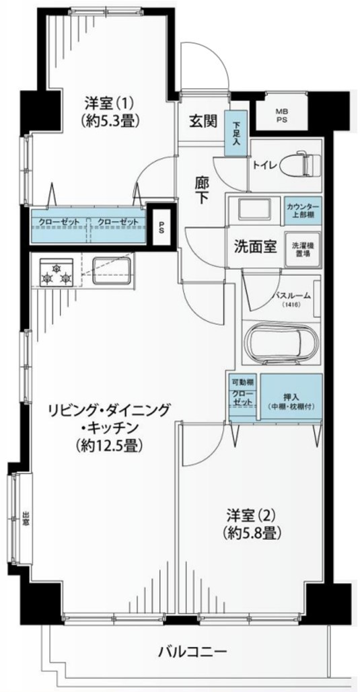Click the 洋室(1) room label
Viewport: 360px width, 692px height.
pyautogui.click(x=110, y=112)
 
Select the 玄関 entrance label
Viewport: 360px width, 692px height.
pyautogui.click(x=203, y=121)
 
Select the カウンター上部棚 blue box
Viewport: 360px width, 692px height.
pyautogui.click(x=302, y=211)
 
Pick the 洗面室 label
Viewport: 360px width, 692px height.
pyautogui.click(x=255, y=246)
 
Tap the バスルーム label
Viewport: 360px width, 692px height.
pyautogui.click(x=292, y=296)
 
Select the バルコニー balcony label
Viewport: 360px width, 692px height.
pyautogui.click(x=192, y=652)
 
